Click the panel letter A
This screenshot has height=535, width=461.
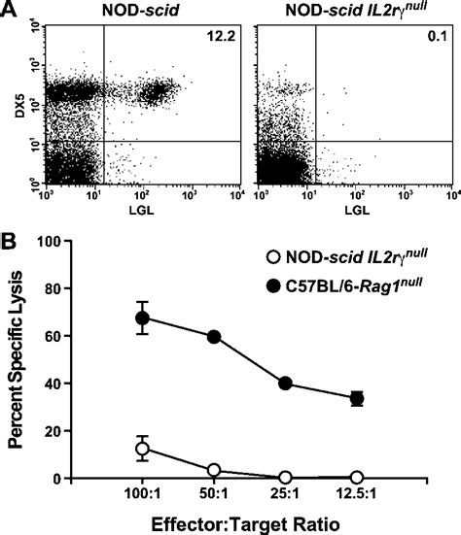click(9, 10)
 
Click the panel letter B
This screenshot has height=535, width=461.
click(9, 236)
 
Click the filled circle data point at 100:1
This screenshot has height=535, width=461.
click(143, 318)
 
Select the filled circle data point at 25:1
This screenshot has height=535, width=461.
click(285, 383)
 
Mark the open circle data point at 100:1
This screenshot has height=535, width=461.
click(143, 449)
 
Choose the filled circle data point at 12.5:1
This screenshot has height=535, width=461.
click(357, 398)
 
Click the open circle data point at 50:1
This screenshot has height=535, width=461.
click(214, 471)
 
